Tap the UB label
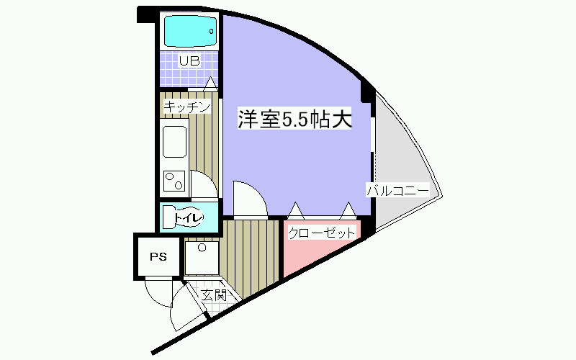pyautogui.click(x=189, y=61)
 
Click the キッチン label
pyautogui.click(x=187, y=107)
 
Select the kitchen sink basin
pyautogui.click(x=175, y=141)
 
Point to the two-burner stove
pyautogui.click(x=174, y=181)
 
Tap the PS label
pyautogui.click(x=157, y=256)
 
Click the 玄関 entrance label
pyautogui.click(x=214, y=294)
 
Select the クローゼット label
pyautogui.click(x=321, y=233)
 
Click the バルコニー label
pyautogui.click(x=397, y=191)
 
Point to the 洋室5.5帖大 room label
pyautogui.click(x=295, y=120)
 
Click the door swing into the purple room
pyautogui.click(x=248, y=199)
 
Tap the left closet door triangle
pyautogui.click(x=296, y=210)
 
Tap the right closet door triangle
pyautogui.click(x=348, y=210)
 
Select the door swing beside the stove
pyautogui.click(x=203, y=186)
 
